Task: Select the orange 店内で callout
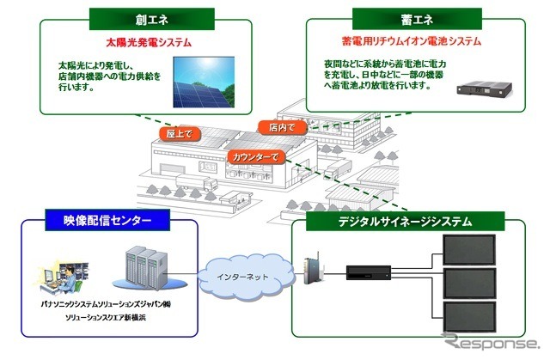click(x=276, y=127)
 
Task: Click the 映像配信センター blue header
click(x=108, y=222)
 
